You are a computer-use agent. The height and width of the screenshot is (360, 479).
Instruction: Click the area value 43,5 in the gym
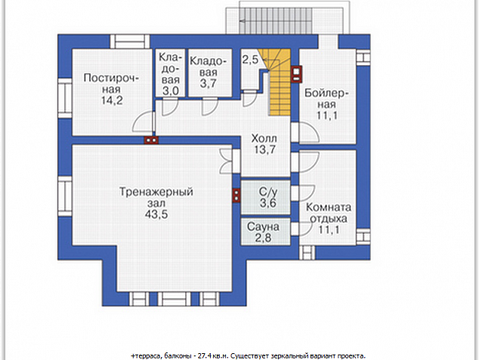pos(156,214)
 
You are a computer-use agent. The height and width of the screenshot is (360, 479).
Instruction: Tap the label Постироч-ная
pos(111,83)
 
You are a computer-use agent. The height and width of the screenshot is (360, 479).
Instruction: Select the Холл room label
pos(264,138)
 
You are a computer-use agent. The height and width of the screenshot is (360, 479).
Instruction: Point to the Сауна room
pos(265,231)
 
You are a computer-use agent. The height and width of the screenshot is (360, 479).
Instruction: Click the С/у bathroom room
pos(265,197)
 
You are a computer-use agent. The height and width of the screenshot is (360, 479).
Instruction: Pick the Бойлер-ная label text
pos(326,98)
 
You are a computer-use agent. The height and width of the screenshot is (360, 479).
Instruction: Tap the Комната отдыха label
pos(329,213)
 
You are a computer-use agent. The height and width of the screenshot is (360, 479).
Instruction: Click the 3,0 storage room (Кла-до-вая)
pos(171,73)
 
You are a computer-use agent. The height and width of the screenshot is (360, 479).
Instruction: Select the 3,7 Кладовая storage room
pos(210,73)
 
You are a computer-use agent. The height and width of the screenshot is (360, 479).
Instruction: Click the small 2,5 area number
pos(250,59)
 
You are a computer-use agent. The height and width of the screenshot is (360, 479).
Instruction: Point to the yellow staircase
pos(277,82)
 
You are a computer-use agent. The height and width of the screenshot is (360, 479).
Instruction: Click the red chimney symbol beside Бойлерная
pos(296,74)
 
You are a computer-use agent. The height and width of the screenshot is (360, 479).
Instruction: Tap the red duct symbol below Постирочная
pos(151,140)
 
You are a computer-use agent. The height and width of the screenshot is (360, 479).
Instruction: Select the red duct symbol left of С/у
pos(236,195)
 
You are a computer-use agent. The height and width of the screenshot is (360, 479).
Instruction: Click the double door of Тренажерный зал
pos(227,161)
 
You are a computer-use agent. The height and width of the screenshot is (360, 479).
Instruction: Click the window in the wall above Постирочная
pos(130,42)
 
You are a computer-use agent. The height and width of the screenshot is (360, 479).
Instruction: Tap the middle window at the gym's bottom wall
pos(174,299)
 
